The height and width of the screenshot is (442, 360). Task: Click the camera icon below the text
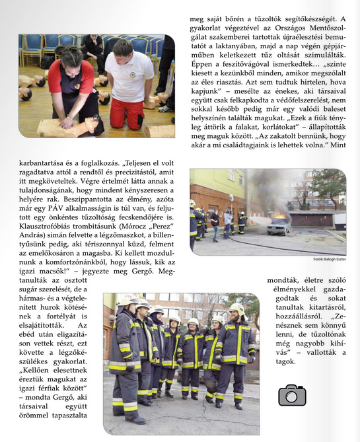pos(291,394)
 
